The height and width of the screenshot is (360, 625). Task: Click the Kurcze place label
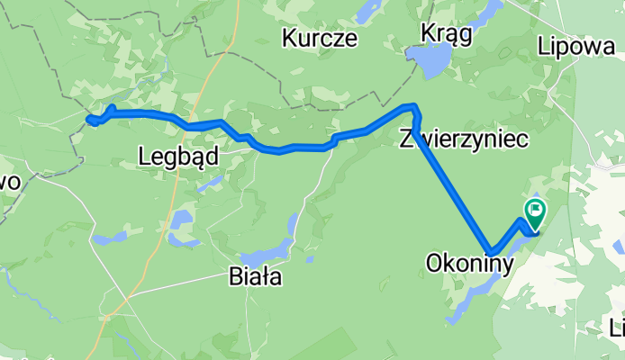click(320, 39)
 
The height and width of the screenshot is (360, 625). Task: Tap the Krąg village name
click(446, 33)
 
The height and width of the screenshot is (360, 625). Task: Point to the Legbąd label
click(178, 157)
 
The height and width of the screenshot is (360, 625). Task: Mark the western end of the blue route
click(89, 120)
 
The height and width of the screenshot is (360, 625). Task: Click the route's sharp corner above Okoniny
click(491, 252)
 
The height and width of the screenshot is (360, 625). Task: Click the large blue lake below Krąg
click(429, 63)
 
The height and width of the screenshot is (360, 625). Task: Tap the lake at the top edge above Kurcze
click(369, 11)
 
